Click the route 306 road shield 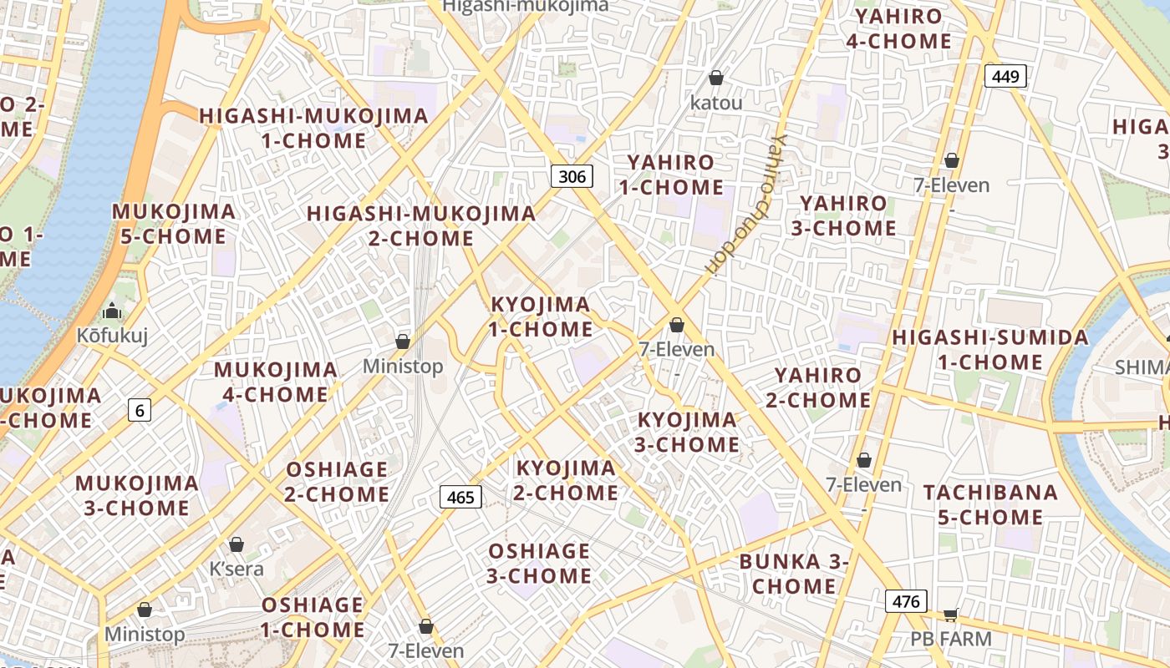tap(572, 175)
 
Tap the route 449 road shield tap(1005, 77)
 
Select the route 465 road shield tap(460, 498)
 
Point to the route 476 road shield tap(906, 601)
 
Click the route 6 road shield tap(140, 409)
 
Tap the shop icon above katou tap(716, 78)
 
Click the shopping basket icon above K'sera tap(237, 544)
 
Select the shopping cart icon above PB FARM tap(950, 615)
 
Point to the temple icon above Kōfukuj tap(111, 311)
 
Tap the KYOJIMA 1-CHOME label tap(541, 316)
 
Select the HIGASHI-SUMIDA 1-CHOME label tap(990, 350)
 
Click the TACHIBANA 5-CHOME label tap(990, 504)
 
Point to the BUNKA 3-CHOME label tap(793, 574)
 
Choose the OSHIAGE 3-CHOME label tap(540, 564)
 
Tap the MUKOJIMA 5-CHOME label tap(174, 224)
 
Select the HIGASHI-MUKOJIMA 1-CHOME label tap(313, 128)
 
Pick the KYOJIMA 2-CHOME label tap(566, 480)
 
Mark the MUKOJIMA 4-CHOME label tap(276, 382)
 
